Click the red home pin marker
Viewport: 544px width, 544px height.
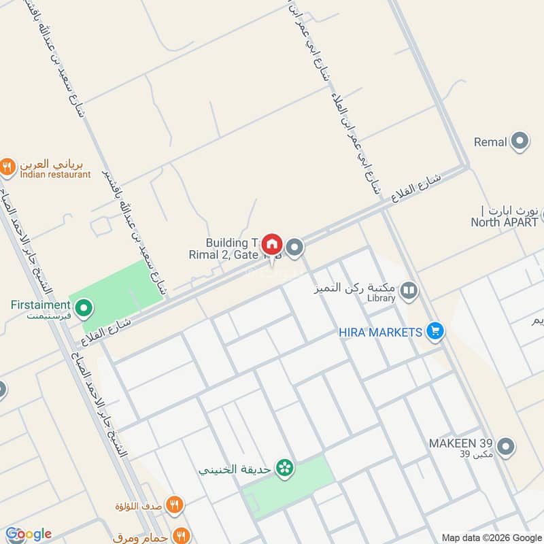pos(272,244)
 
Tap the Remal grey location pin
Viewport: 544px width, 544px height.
pos(520,141)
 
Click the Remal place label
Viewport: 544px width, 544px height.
pos(490,142)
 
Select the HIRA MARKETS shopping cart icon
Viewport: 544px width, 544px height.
pos(436,332)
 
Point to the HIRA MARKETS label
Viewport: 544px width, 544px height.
pos(381,332)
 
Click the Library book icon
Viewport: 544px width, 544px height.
pos(409,292)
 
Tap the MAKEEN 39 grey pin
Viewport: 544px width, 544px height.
pos(505,447)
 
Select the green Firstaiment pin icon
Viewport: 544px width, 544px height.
pos(84,310)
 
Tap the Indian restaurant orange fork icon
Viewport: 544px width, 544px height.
pos(7,165)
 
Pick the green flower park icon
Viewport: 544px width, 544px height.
pos(285,468)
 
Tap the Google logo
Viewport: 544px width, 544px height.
pos(28,534)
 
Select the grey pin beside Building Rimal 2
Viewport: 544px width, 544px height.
pos(294,248)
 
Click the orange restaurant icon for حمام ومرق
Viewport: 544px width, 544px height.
pos(180,533)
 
